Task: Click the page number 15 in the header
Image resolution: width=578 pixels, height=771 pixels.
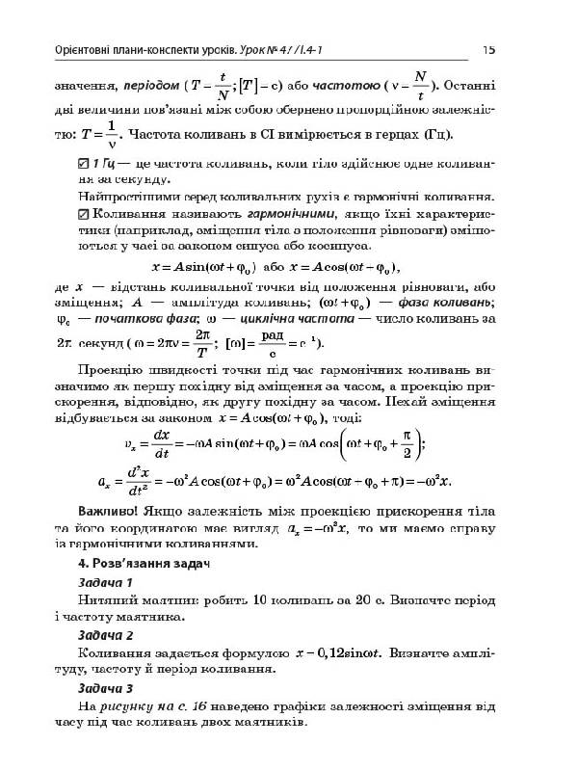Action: click(x=488, y=49)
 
